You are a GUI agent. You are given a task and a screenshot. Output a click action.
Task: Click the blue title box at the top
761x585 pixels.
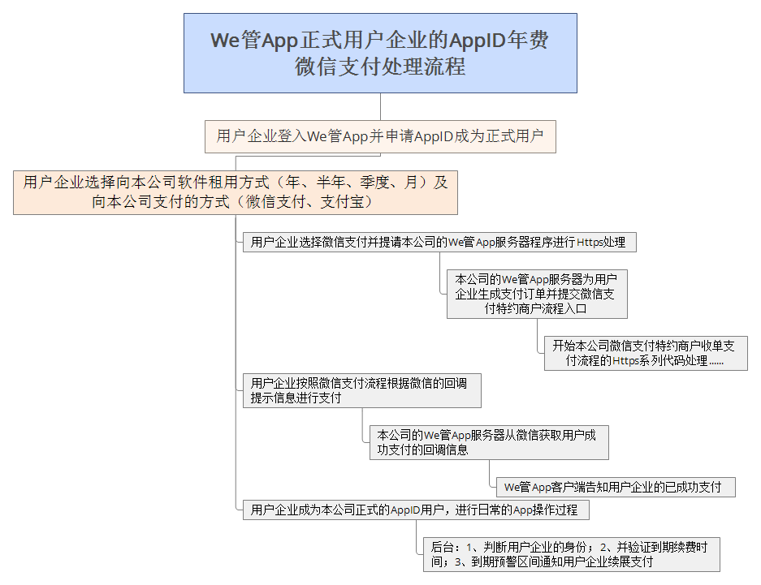coord(380,53)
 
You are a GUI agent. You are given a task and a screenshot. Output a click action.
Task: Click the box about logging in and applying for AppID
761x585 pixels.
coord(380,136)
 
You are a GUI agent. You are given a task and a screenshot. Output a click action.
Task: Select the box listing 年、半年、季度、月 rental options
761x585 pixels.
coord(236,192)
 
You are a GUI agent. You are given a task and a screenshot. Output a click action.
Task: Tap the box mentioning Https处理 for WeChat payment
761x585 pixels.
coord(439,242)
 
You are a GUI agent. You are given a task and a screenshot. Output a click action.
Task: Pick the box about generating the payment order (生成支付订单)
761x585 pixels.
coord(537,294)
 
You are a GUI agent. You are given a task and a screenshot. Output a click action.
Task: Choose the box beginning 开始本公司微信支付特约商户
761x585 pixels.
coord(646,353)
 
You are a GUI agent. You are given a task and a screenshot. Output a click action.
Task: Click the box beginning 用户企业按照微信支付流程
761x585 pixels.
coord(361,390)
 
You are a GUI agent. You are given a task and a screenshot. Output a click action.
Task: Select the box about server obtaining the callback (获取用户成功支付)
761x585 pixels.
coord(489,442)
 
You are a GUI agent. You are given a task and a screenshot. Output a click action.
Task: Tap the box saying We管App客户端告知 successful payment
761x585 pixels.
coord(616,487)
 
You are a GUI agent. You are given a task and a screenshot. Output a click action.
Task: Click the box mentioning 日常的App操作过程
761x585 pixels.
coord(416,510)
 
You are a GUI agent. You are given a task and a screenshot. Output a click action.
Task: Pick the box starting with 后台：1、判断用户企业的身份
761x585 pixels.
coord(571,554)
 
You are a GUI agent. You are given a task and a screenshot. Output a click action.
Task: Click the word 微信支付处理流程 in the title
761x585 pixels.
coord(380,67)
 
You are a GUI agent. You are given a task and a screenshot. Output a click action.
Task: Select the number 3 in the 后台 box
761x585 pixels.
coord(457,562)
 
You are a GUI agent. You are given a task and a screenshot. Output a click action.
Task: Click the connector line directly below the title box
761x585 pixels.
coord(380,106)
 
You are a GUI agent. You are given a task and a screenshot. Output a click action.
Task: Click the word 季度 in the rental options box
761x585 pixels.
coord(375,183)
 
